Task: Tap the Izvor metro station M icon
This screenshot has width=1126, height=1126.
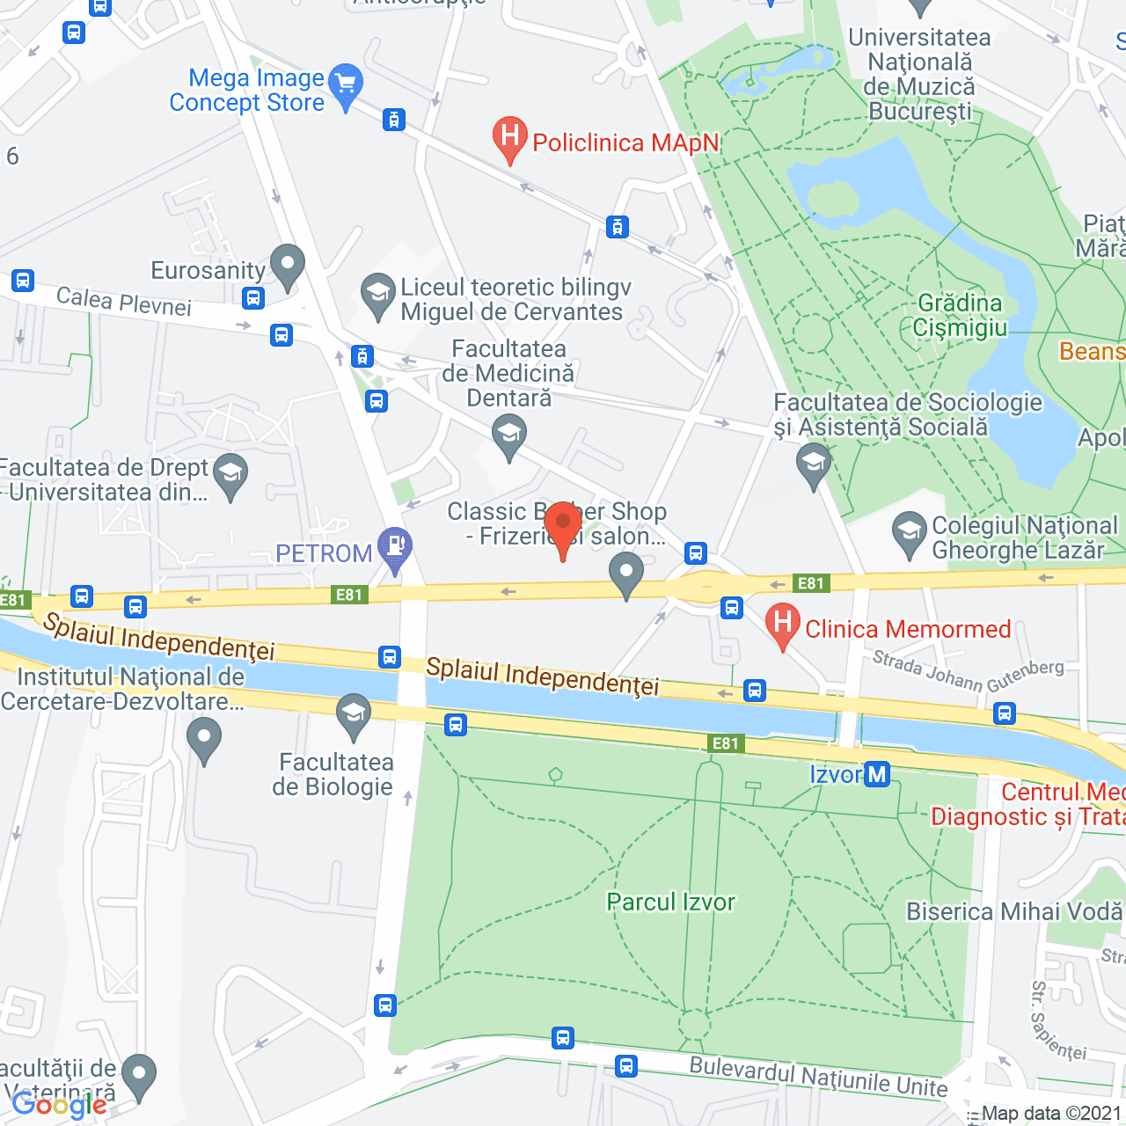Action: tap(877, 774)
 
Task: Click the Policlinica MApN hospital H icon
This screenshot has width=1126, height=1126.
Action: tap(509, 137)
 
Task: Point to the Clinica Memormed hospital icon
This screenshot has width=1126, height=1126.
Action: tap(782, 624)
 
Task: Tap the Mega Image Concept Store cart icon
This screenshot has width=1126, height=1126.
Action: tap(346, 84)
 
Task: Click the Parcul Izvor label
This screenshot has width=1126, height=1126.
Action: tap(670, 902)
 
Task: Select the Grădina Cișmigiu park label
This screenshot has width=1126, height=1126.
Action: tap(959, 315)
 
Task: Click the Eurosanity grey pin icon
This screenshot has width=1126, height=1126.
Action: tap(288, 265)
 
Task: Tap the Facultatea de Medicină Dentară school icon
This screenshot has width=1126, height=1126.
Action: tap(508, 435)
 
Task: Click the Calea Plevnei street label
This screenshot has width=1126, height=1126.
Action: tap(124, 302)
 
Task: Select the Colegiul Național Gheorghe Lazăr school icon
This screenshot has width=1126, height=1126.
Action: tap(909, 533)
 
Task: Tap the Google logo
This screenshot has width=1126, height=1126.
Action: tap(59, 1105)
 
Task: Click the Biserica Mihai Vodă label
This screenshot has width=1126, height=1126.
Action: tap(1014, 911)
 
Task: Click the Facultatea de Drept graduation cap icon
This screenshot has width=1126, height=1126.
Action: tap(230, 474)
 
